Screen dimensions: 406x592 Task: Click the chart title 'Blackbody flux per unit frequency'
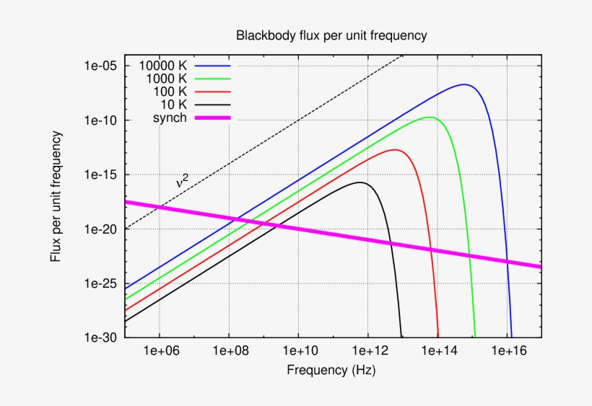click(331, 35)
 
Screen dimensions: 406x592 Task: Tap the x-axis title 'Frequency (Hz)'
click(331, 371)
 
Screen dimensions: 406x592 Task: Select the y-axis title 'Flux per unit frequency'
click(56, 195)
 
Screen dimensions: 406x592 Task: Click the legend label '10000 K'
click(163, 66)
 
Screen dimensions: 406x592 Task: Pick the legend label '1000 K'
click(166, 79)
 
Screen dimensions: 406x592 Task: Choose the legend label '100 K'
click(170, 92)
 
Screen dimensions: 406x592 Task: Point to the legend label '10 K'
click(173, 105)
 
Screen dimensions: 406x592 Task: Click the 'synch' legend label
click(170, 118)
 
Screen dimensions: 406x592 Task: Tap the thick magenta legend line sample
click(212, 118)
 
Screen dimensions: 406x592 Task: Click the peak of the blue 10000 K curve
click(465, 84)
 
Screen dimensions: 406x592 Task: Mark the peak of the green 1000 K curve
click(430, 117)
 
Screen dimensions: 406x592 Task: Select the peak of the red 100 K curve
click(395, 149)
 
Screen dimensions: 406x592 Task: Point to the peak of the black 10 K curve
click(360, 182)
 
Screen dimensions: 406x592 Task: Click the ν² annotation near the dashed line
click(183, 182)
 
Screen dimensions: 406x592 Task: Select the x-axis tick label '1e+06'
click(160, 350)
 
